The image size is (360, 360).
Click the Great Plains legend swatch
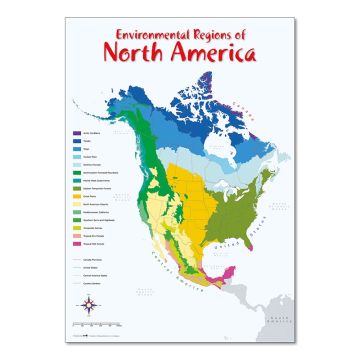coord(75,197)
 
